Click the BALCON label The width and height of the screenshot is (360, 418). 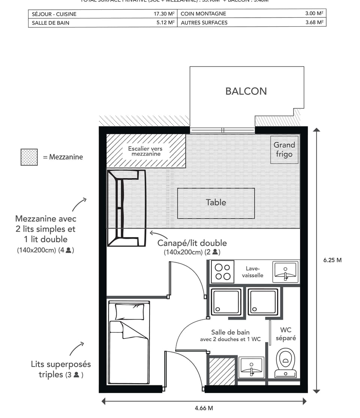[246, 91]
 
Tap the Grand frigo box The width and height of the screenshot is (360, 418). [284, 149]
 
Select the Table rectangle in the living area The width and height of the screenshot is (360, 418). [216, 203]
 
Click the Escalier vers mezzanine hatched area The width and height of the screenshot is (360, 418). [146, 151]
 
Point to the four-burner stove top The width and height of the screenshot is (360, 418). [222, 272]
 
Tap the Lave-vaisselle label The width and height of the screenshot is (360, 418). [253, 272]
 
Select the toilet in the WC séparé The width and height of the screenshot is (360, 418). [286, 362]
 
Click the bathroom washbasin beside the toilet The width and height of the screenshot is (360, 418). [251, 367]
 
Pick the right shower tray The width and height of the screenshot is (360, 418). [263, 302]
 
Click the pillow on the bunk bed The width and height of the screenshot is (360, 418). [129, 311]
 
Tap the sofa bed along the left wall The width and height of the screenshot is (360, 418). [126, 208]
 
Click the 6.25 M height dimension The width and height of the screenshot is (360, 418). [332, 260]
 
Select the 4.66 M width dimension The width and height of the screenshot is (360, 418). [204, 408]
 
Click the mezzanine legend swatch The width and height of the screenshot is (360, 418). [29, 157]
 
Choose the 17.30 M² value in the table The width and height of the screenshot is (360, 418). [164, 14]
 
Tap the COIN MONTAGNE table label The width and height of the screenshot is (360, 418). [203, 14]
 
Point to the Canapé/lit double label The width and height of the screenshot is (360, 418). [192, 243]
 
